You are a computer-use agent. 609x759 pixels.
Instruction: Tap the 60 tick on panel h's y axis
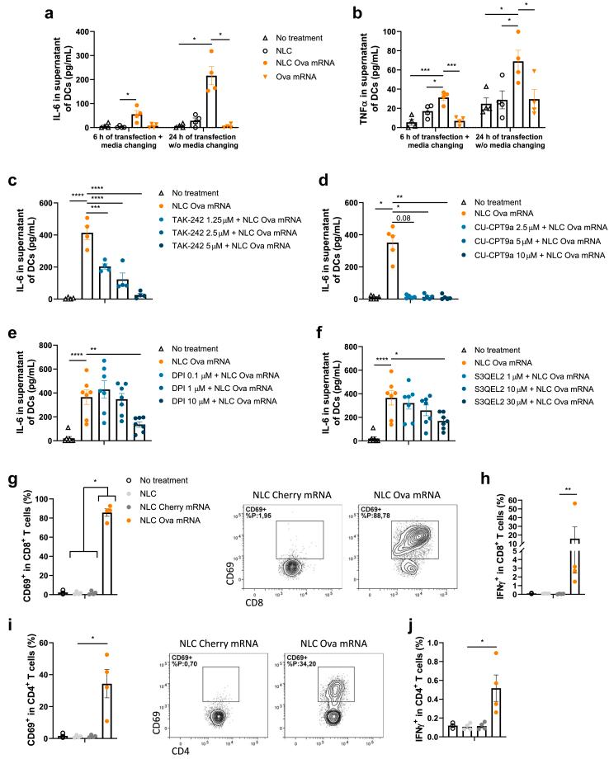(x=529, y=500)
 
